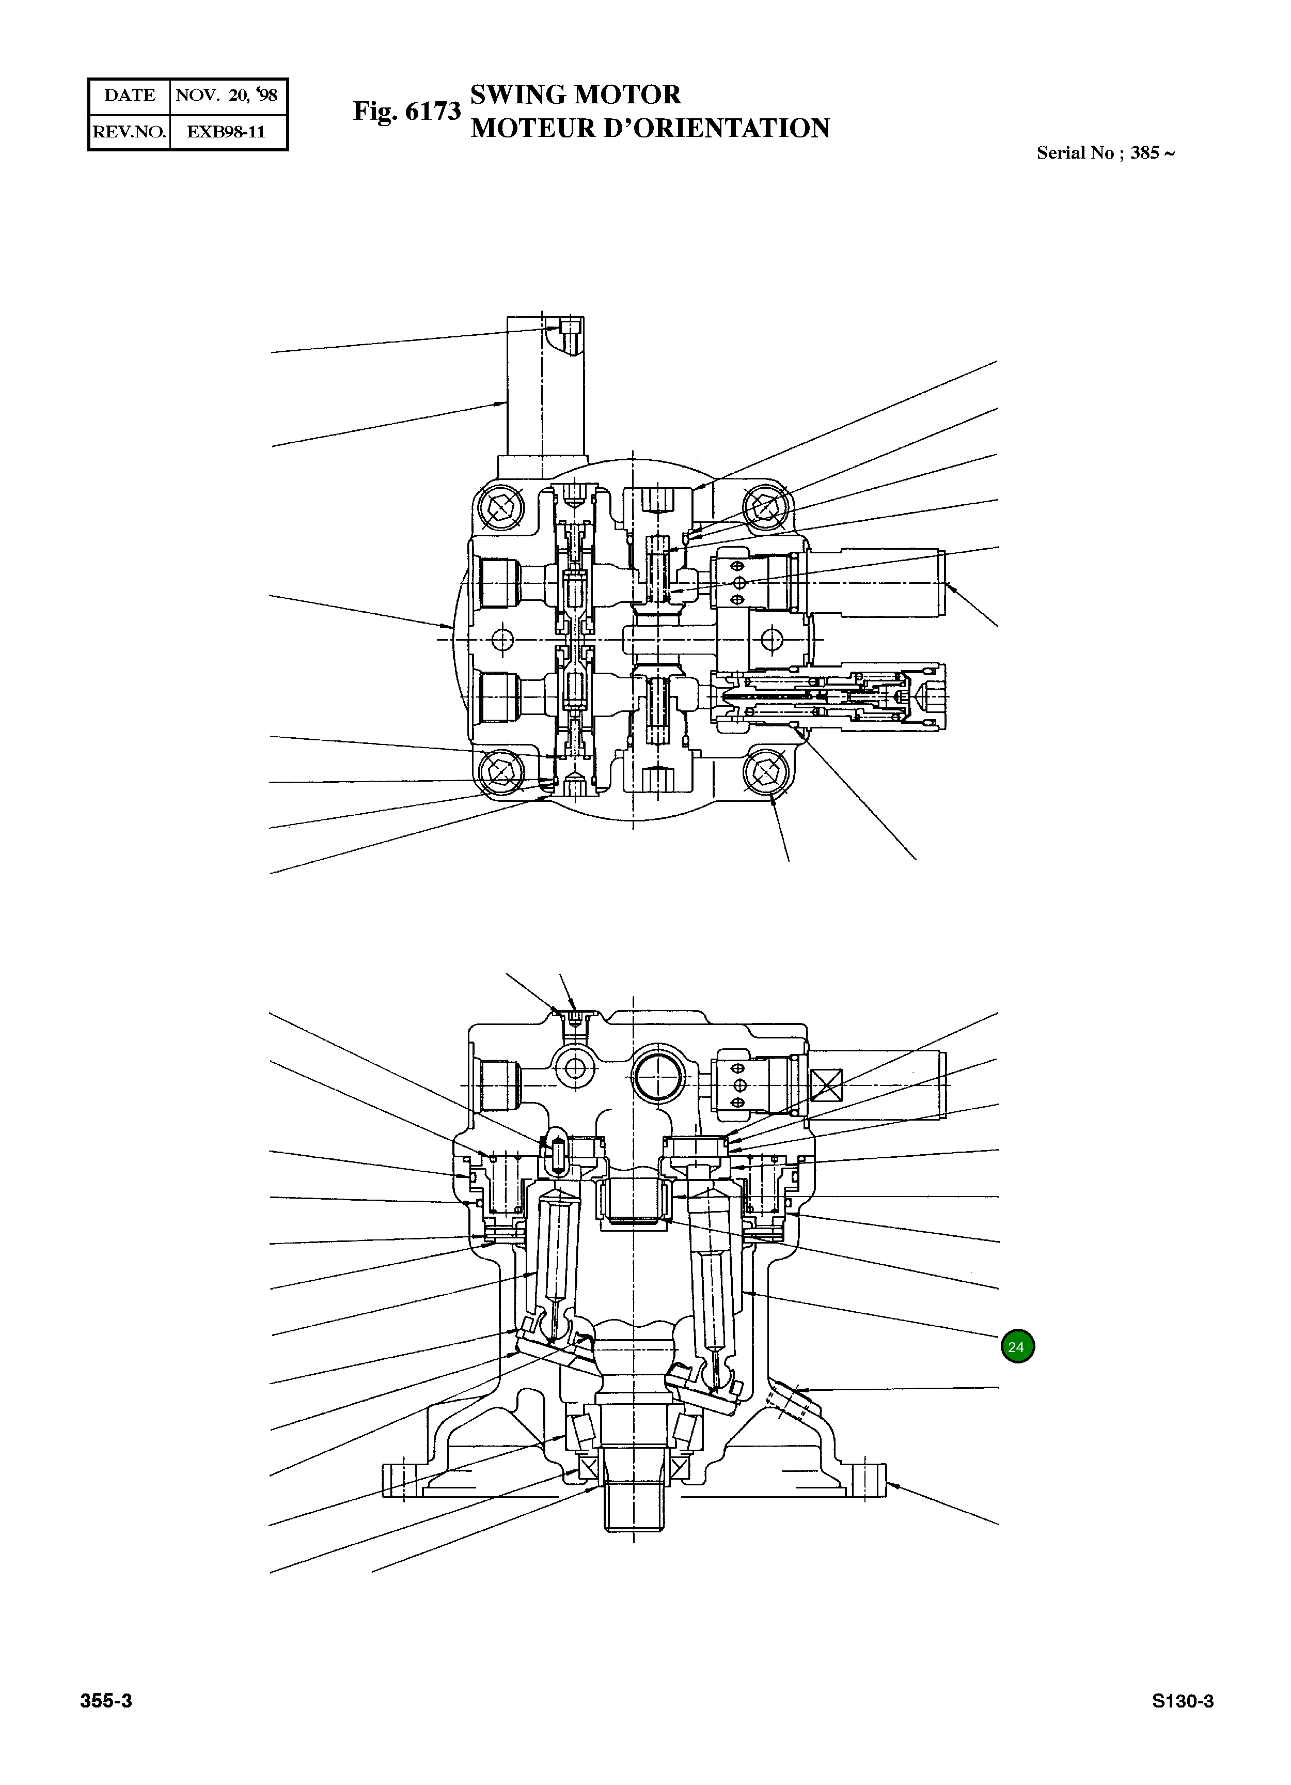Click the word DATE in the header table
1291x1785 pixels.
point(130,95)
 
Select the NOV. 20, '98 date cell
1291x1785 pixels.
point(227,95)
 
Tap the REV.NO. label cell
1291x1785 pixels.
point(129,131)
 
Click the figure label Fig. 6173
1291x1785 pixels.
point(406,111)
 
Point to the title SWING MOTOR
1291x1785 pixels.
point(575,95)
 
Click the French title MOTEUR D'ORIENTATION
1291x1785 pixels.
point(650,128)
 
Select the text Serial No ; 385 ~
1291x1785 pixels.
point(1105,153)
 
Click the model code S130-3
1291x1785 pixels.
point(1183,1701)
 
